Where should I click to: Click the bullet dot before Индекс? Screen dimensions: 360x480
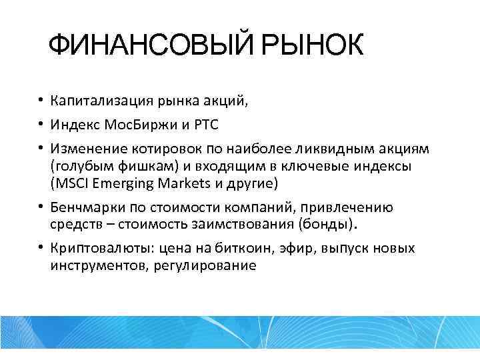pos(41,125)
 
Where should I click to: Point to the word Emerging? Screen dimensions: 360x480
pos(123,183)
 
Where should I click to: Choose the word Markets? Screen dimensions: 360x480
pos(183,183)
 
